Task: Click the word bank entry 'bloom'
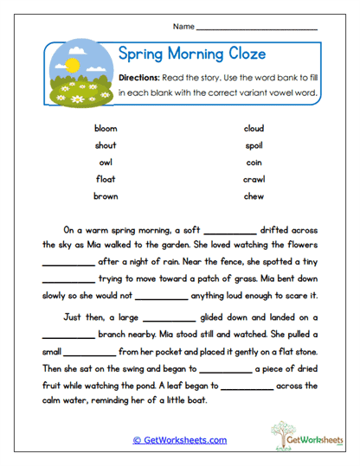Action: (x=105, y=128)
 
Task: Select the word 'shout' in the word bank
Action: (x=105, y=144)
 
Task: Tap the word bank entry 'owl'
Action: (x=105, y=162)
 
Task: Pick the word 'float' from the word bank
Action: (x=105, y=179)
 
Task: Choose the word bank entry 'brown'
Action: (x=105, y=196)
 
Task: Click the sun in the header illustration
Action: (x=72, y=66)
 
